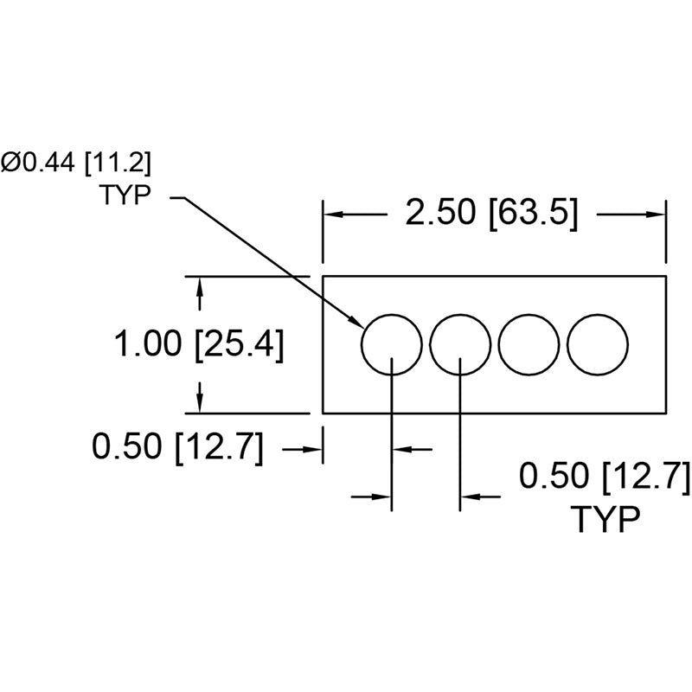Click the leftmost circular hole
pos(362,344)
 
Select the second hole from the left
pos(430,344)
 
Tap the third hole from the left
pos(499,344)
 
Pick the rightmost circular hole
pos(567,344)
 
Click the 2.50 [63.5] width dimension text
pos(491,213)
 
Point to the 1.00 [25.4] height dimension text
pos(199,344)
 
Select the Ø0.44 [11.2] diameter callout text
pos(76,163)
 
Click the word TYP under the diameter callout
pos(125,195)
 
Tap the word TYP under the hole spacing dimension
pos(605,520)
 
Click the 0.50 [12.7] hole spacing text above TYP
pos(604,477)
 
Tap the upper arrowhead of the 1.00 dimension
pos(200,287)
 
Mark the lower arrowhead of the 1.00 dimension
pos(200,402)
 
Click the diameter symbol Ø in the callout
pos(11,163)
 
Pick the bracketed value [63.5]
pos(533,213)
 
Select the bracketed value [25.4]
pos(239,344)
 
